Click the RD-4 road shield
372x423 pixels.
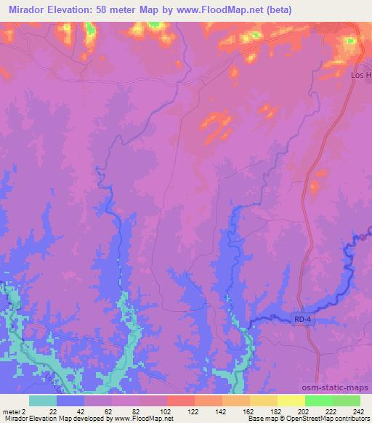tap(303, 320)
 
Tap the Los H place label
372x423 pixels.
tap(359, 75)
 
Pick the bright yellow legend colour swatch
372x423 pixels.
tap(291, 400)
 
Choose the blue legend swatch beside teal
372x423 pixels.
tap(70, 400)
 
